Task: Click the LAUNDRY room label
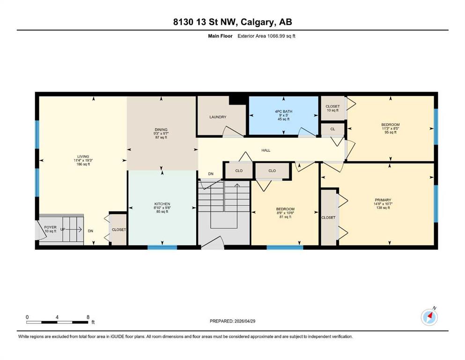coord(218,117)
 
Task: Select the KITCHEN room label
coord(162,204)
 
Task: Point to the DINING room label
coord(161,129)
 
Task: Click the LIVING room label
coord(83,157)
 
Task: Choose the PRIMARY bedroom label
coord(383,200)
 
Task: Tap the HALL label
coord(266,150)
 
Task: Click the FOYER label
coord(50,227)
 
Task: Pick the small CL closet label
coord(332,129)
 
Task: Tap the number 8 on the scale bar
coord(88,317)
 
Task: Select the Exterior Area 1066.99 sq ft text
coord(266,36)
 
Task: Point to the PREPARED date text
coord(232,321)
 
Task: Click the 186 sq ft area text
coord(83,164)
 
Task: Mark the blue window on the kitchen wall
coord(162,247)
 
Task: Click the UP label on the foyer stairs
coord(63,229)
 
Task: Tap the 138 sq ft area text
coord(383,208)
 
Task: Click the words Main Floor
coord(220,36)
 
